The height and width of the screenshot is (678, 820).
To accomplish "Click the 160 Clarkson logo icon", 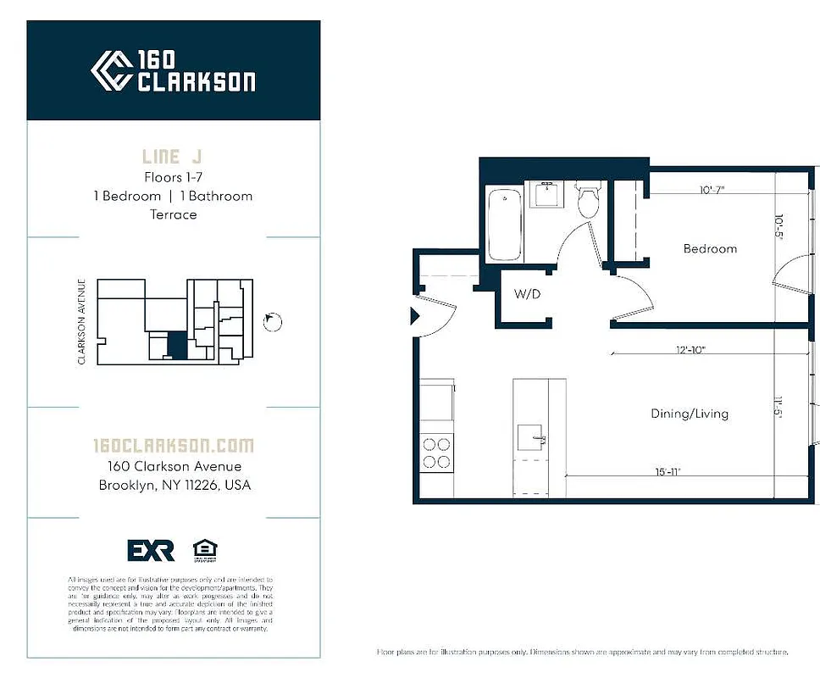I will click(111, 70).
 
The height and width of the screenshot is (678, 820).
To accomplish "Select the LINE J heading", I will click(173, 157).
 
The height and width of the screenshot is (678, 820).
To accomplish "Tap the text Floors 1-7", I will click(173, 177).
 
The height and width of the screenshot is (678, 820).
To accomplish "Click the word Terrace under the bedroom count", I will click(173, 214).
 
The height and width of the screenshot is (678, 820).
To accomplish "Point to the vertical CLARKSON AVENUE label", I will click(82, 322).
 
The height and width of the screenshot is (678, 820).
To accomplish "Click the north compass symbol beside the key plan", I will click(272, 321).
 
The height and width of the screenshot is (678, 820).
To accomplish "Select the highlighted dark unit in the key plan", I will click(176, 346).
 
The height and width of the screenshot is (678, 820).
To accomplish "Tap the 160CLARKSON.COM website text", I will click(173, 446).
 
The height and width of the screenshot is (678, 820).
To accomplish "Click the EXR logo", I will click(151, 550).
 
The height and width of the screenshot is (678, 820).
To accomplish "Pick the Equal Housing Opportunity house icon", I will click(204, 549).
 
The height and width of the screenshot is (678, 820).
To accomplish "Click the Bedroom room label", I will click(710, 248).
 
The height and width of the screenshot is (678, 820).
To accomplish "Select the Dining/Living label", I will click(689, 414).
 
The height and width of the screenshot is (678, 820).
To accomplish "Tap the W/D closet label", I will click(528, 295).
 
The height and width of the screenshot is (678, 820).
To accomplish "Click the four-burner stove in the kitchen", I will click(436, 452).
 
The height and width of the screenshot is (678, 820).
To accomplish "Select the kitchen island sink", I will click(533, 437).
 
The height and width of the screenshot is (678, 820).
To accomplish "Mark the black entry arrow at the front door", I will click(415, 316).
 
